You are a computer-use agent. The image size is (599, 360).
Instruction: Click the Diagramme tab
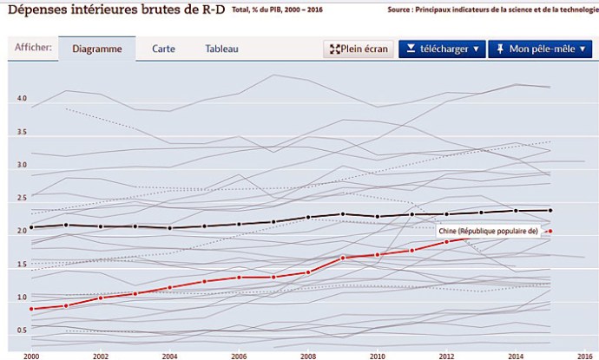click(97, 49)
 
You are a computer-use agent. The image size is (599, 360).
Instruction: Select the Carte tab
click(163, 49)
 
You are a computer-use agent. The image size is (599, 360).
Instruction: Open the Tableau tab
click(221, 49)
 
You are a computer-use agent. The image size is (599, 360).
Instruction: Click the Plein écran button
click(359, 49)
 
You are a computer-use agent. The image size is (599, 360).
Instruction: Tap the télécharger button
click(442, 49)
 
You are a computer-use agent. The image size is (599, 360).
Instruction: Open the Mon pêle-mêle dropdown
click(539, 49)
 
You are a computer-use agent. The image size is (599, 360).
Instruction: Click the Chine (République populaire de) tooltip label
click(489, 232)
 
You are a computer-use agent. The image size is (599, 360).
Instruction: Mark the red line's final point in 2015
click(550, 231)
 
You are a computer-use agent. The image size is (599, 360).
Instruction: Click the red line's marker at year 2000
click(32, 309)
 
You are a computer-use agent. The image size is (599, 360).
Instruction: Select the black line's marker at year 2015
click(550, 210)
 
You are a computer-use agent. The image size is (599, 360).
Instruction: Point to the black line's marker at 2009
click(343, 214)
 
